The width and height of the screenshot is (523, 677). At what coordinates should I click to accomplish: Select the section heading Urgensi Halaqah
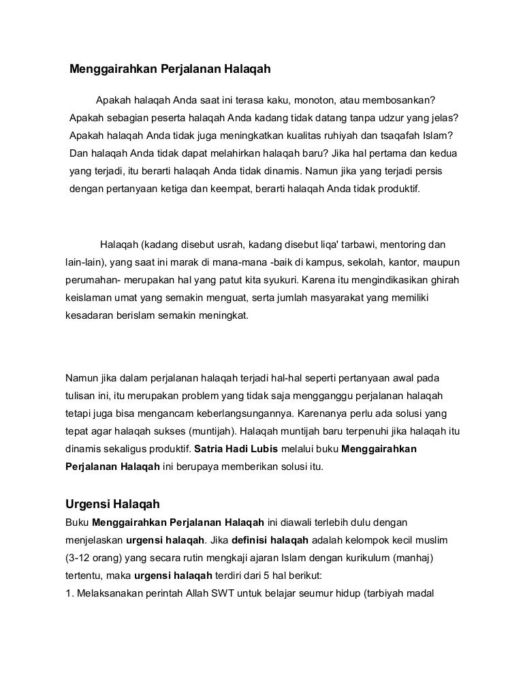112,505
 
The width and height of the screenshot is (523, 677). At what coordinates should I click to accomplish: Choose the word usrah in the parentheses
249,243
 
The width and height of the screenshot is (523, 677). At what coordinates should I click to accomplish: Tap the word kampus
308,262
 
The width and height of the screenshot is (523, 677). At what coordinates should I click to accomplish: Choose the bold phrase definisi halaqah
270,541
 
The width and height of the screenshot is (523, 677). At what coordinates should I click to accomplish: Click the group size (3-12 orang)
94,558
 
